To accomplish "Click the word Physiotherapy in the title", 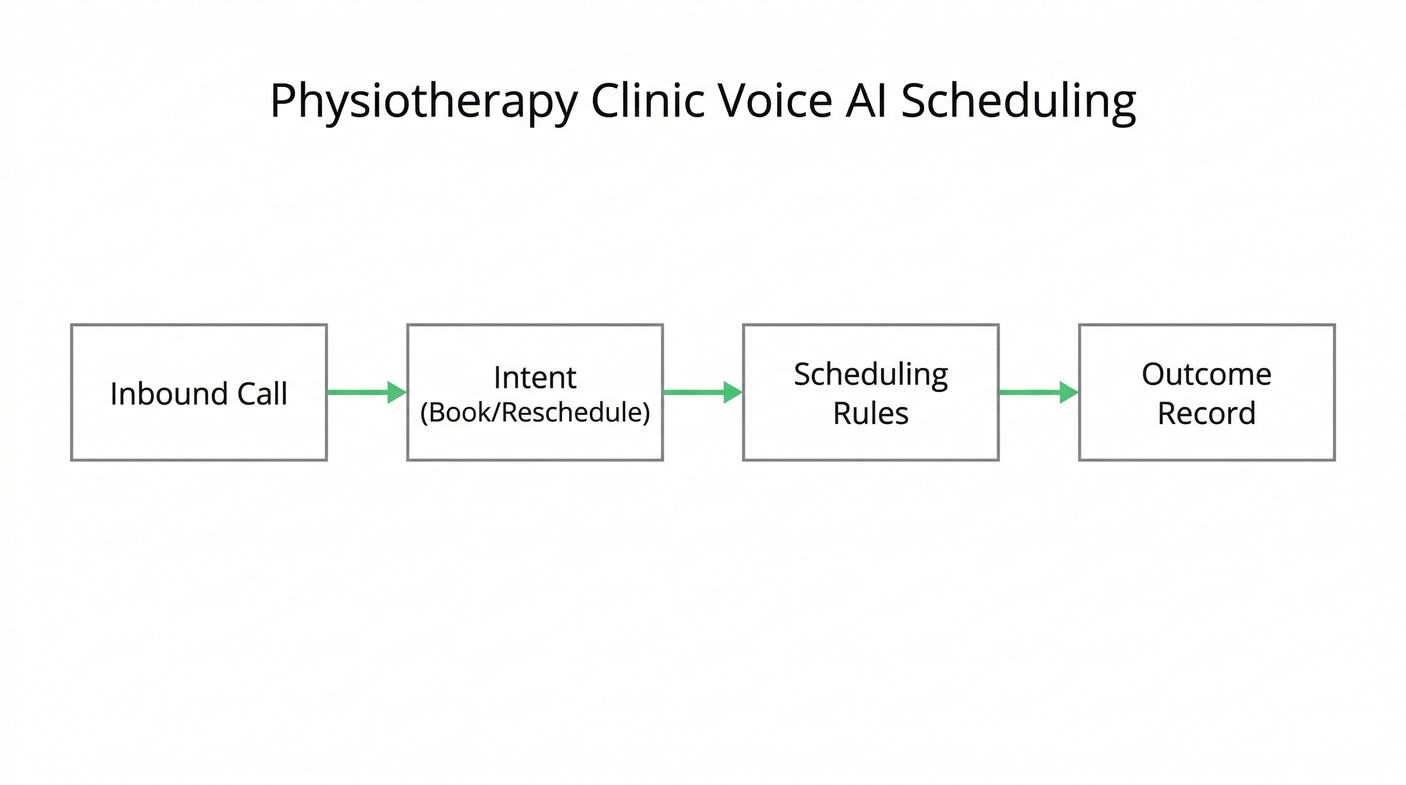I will [x=424, y=102].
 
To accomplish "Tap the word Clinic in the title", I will [x=648, y=101].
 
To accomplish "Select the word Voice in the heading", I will [x=775, y=101].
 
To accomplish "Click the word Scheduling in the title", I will [x=1018, y=102].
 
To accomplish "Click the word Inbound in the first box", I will [x=169, y=394].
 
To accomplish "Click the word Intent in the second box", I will [x=535, y=377].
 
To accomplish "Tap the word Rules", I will [x=871, y=413].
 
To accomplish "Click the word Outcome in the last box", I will [x=1206, y=375].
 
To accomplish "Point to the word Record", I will [x=1206, y=413].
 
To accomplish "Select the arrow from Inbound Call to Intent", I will [x=360, y=392].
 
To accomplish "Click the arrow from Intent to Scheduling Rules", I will [x=696, y=392].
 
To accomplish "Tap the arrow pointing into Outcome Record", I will [x=1032, y=392].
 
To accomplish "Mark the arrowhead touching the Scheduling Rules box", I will [x=733, y=392].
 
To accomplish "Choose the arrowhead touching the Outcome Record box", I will [x=1068, y=392].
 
